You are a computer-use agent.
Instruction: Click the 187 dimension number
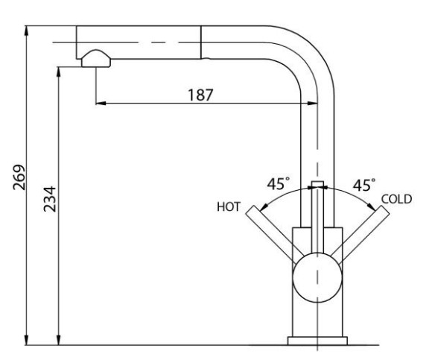click(200, 95)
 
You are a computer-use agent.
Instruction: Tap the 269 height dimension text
click(19, 177)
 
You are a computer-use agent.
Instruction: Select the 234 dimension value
click(50, 199)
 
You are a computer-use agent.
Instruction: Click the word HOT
click(229, 206)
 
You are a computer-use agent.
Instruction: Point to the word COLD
click(396, 199)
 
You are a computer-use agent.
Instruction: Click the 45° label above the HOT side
click(279, 183)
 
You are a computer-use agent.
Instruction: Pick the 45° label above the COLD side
click(364, 185)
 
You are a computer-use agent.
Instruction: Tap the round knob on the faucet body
click(317, 277)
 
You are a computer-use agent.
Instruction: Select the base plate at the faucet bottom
click(317, 341)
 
